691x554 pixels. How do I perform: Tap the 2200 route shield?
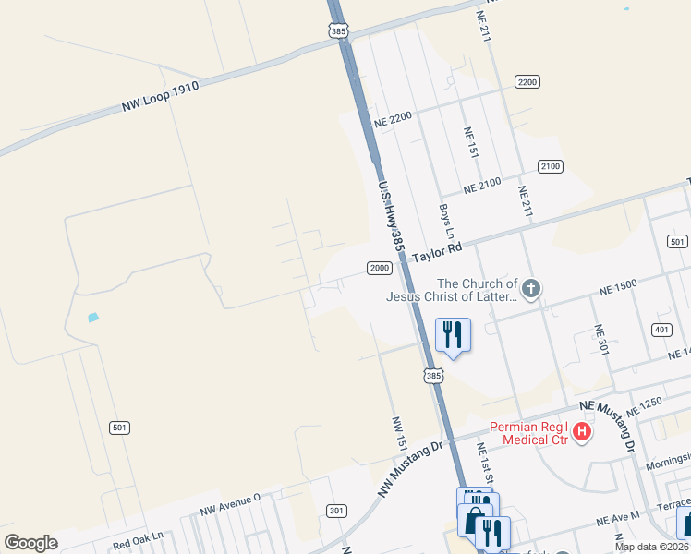tap(527, 82)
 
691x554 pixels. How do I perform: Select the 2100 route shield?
tap(550, 166)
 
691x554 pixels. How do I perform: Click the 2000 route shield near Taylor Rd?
tap(380, 268)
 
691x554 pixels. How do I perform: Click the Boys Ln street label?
tap(444, 219)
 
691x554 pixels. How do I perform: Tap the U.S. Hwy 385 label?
tap(391, 216)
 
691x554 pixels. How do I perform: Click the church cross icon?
tap(530, 290)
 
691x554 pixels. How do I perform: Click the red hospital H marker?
tap(582, 431)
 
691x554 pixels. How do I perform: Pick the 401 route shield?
tap(661, 330)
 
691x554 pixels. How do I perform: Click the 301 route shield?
tap(336, 510)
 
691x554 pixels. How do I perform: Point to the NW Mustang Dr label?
tap(410, 470)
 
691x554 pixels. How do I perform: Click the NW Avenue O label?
tap(231, 504)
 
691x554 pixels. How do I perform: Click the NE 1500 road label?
tap(618, 285)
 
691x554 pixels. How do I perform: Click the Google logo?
tap(30, 543)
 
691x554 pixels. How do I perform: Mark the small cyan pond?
tap(92, 319)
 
